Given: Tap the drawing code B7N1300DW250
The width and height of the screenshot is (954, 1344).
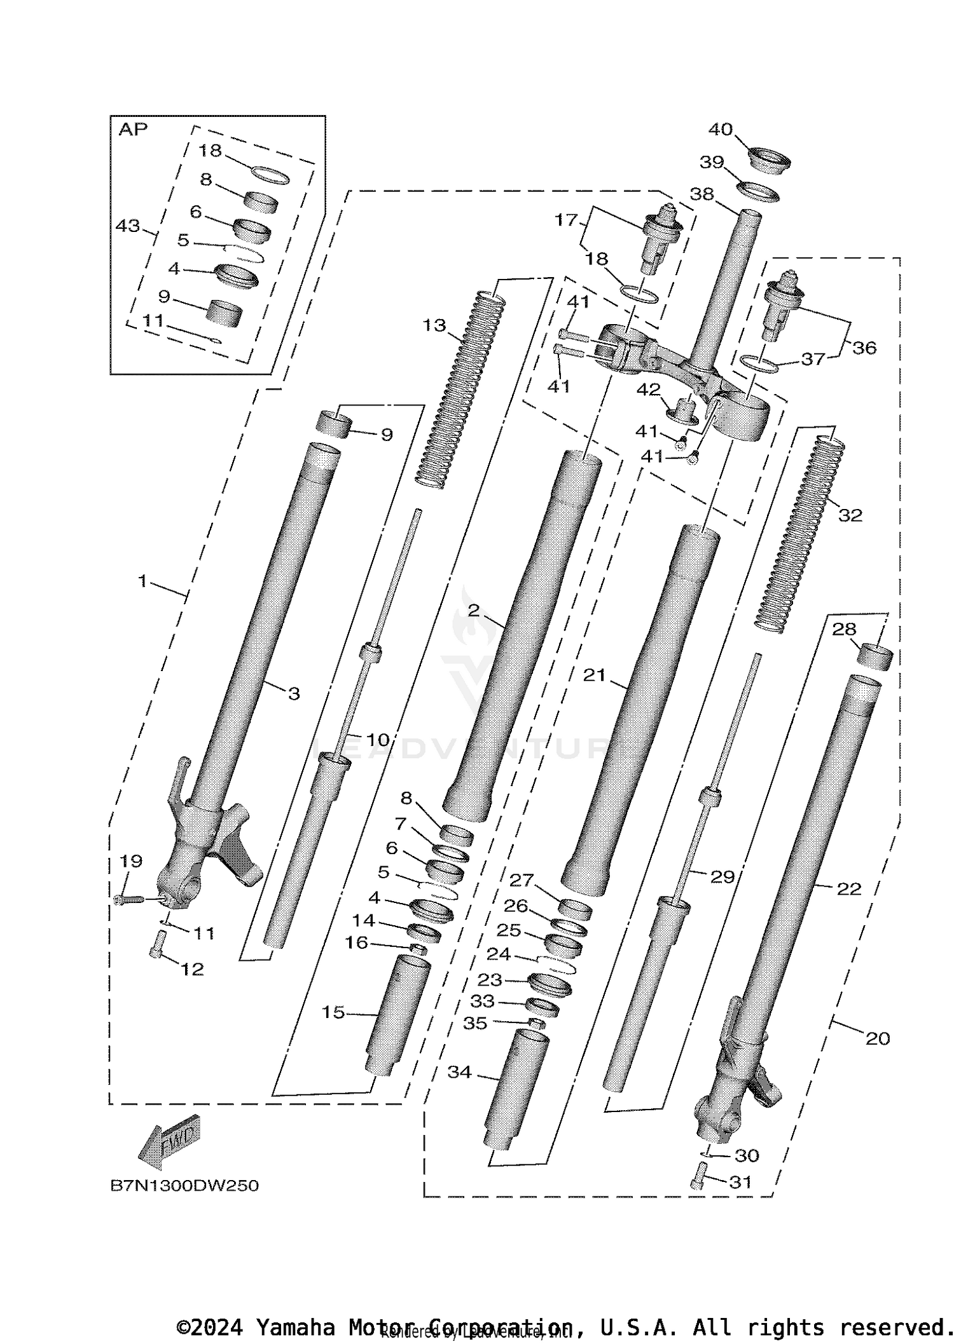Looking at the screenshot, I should [x=184, y=1186].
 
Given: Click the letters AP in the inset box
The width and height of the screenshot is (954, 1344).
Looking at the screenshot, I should [x=133, y=130].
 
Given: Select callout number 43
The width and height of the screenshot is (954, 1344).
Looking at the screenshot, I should [x=128, y=226].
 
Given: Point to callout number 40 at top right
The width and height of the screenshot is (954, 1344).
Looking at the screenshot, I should [x=721, y=130].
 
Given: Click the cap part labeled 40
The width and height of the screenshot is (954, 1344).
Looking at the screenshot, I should [x=769, y=160].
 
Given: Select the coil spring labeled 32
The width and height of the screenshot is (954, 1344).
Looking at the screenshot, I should [x=800, y=534].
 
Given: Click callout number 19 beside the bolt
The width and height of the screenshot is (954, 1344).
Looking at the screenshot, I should [x=131, y=862].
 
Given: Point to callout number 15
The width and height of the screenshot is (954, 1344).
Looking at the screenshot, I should [x=333, y=1012].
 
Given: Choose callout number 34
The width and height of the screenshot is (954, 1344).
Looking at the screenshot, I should [x=459, y=1072].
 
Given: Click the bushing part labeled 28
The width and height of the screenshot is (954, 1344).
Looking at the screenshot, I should [x=874, y=656].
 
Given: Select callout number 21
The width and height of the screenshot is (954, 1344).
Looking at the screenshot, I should [x=595, y=675].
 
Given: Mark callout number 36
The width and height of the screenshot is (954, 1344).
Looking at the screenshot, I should [x=864, y=348].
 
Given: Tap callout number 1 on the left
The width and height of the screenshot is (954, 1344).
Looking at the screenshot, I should [x=142, y=581].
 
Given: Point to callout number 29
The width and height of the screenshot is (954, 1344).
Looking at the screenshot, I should [x=722, y=877].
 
